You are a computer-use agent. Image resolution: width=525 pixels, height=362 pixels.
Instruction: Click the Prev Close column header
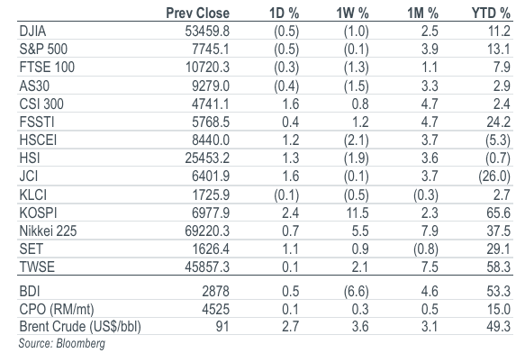[x=197, y=14]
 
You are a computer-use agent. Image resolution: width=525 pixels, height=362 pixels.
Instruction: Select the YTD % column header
[x=491, y=14]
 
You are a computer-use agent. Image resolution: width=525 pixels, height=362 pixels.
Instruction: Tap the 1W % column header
[x=352, y=14]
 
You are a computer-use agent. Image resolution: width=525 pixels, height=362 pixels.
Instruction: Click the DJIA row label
[x=32, y=32]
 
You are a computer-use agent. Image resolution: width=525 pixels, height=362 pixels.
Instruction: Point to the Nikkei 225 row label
[x=48, y=231]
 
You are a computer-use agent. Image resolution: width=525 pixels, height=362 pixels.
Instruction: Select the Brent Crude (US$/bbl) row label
[x=80, y=327]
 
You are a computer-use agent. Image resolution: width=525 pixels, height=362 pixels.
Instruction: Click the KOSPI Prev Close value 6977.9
[x=211, y=213]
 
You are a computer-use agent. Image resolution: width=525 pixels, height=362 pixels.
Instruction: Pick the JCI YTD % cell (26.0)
[x=494, y=176]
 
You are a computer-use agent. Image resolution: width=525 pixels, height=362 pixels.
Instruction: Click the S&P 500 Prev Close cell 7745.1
[x=211, y=50]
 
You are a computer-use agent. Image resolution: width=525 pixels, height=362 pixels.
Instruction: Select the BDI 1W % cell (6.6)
[x=357, y=291]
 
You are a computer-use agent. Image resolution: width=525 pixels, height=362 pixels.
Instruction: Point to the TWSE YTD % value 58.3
[x=499, y=267]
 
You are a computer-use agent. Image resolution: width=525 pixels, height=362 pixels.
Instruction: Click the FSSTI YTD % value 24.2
[x=499, y=122]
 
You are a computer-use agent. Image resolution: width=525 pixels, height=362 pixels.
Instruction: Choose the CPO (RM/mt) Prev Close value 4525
[x=215, y=309]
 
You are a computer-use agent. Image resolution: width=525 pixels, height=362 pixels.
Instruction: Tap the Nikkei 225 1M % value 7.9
[x=430, y=231]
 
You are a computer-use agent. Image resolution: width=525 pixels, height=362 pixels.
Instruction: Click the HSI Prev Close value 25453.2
[x=207, y=158]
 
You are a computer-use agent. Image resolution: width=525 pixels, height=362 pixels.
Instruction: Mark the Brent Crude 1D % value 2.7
[x=290, y=327]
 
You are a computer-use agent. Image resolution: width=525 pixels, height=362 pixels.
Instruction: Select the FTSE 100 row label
[x=47, y=68]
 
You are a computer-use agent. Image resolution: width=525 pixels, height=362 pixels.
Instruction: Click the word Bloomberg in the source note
[x=81, y=344]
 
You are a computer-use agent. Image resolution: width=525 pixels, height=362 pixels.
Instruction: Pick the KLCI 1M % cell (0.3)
[x=426, y=195]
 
